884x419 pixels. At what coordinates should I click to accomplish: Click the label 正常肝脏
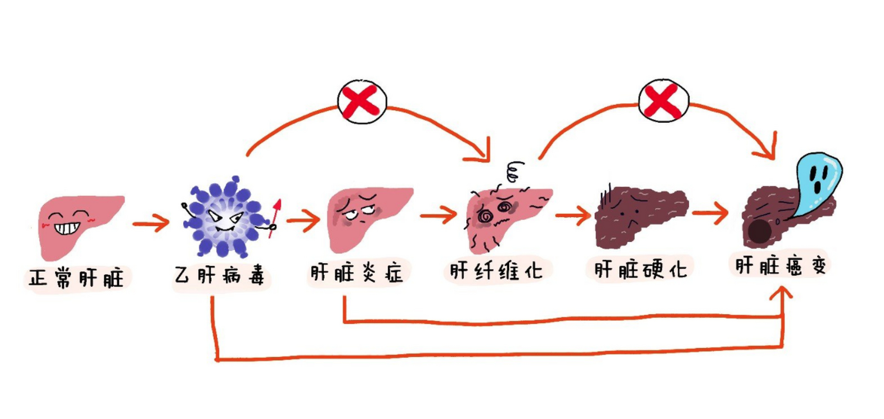[x=76, y=278]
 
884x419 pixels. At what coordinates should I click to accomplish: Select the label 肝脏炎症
[x=357, y=273]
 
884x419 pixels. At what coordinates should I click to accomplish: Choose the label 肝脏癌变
[x=780, y=266]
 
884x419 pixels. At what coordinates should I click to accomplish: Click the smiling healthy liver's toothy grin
[x=68, y=228]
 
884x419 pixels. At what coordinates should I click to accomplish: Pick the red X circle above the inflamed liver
[x=362, y=101]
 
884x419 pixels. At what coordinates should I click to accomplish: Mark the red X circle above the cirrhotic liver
[x=663, y=100]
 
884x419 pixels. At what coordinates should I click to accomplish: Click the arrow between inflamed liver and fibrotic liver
[x=438, y=215]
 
